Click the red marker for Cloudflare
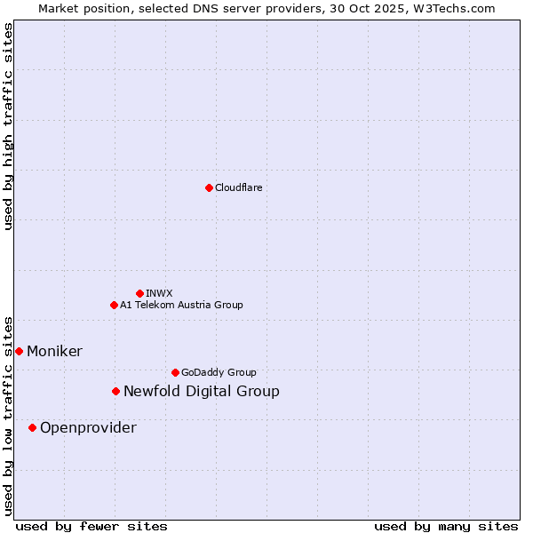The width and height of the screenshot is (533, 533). point(209,187)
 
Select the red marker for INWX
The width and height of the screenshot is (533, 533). point(139,293)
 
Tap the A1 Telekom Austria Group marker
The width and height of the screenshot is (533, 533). point(114,305)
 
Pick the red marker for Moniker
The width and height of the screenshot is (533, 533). point(19,351)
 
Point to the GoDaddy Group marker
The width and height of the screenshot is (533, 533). point(175,372)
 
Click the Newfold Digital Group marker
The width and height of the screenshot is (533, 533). point(115,391)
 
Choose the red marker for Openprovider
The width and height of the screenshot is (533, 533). point(32,427)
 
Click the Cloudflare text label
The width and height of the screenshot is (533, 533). point(238,187)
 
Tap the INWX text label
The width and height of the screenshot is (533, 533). point(159,293)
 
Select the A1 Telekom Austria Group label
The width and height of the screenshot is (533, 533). point(181,305)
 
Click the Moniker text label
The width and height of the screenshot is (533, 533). point(54,351)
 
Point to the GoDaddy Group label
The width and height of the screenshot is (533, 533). point(219,372)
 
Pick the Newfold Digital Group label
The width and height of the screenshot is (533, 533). point(201,391)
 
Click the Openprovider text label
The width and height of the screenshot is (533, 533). point(88,427)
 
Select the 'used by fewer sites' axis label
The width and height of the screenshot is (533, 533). point(91,526)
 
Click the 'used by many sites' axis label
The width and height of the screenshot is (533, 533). point(446,526)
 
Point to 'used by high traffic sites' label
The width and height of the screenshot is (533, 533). point(8,126)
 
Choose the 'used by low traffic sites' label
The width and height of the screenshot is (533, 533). point(8,415)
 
